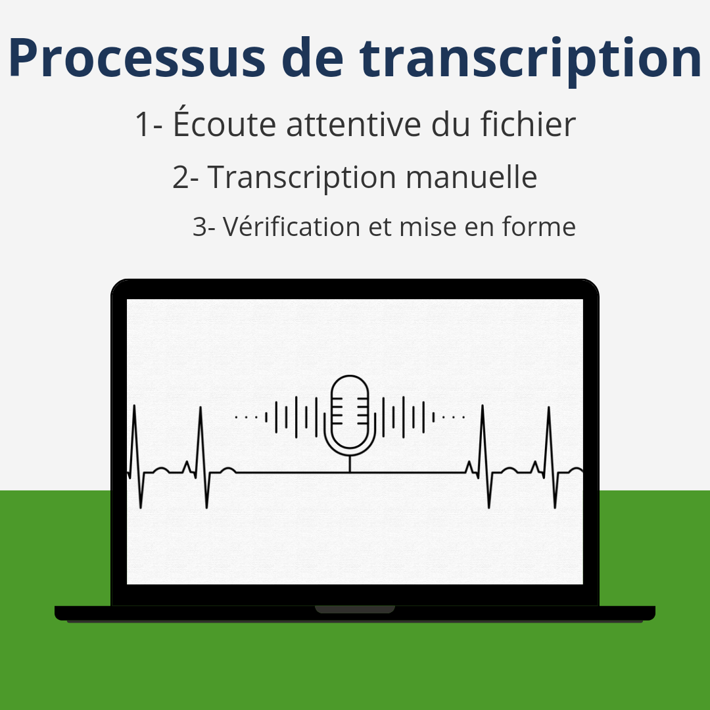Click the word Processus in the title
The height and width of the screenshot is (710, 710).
coord(137,57)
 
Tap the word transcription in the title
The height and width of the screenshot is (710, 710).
coord(531,59)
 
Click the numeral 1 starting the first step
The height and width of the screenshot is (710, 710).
coord(143,124)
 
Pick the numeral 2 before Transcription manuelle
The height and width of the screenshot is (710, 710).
coord(179,177)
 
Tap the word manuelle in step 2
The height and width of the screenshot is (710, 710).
coord(471,176)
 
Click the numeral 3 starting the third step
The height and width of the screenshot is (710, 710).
coord(200,226)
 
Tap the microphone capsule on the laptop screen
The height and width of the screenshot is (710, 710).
coord(350,412)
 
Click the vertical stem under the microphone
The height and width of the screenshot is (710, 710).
coord(350,463)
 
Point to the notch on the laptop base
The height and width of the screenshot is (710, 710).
coord(355,609)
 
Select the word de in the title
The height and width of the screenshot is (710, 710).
coord(312,57)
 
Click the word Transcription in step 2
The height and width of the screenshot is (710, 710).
coord(302,177)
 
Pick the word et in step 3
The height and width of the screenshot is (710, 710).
coord(381,227)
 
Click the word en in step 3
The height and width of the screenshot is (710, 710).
coord(479,229)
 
